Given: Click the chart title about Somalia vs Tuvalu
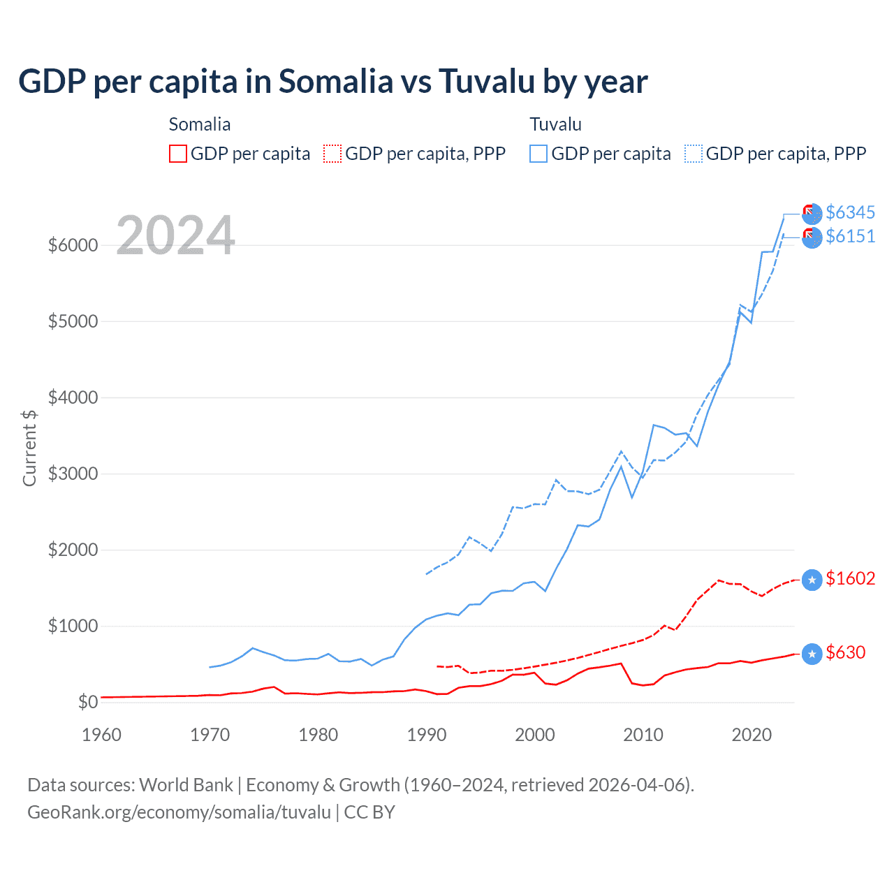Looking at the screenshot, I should [332, 81].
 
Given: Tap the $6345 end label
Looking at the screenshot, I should [850, 212].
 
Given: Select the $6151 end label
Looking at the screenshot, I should [850, 236].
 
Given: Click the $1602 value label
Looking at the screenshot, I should [850, 578].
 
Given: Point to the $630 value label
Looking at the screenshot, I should [845, 652].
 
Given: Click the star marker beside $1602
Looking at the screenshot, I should [812, 580].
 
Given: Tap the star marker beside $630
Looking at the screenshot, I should [812, 654].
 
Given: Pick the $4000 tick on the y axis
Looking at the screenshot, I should [73, 397].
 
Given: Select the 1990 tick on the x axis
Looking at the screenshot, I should [427, 735].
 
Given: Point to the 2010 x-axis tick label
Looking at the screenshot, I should [643, 735].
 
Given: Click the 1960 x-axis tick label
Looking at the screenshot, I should [102, 735].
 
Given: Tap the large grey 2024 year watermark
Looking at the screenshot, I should [175, 235].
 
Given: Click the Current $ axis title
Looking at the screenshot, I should [29, 448].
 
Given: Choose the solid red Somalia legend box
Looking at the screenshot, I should [178, 154].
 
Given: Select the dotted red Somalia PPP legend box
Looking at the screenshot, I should [332, 154].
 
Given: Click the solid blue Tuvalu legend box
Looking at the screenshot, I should [538, 154].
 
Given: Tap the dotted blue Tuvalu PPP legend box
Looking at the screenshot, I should [694, 154].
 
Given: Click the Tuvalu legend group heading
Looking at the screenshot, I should [555, 124].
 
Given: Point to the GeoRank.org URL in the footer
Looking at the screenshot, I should [179, 812].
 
